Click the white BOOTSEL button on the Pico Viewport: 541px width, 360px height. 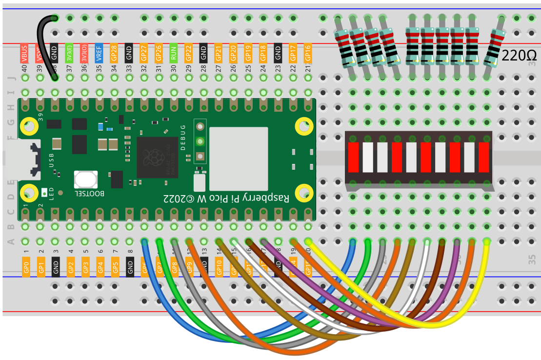click(85, 180)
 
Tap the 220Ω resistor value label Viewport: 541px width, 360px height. click(519, 55)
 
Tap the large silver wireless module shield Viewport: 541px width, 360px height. click(239, 159)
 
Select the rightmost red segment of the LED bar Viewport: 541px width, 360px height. click(483, 157)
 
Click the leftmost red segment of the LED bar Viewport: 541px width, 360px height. click(353, 157)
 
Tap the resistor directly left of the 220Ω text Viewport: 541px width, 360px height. click(494, 46)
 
